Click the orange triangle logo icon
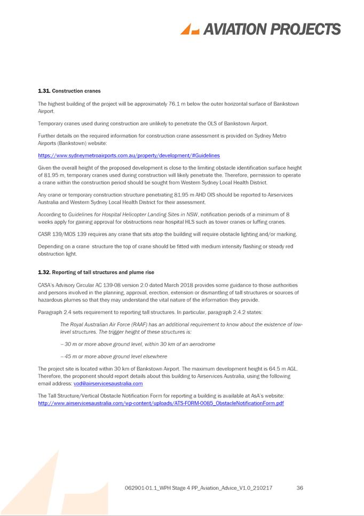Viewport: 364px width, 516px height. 190,29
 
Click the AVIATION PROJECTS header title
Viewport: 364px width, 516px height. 272,29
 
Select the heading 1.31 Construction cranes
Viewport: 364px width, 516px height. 69,91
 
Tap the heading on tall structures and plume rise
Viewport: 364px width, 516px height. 96,272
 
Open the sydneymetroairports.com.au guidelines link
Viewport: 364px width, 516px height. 129,155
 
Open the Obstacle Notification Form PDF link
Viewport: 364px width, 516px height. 161,403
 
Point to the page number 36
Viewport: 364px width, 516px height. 299,488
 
